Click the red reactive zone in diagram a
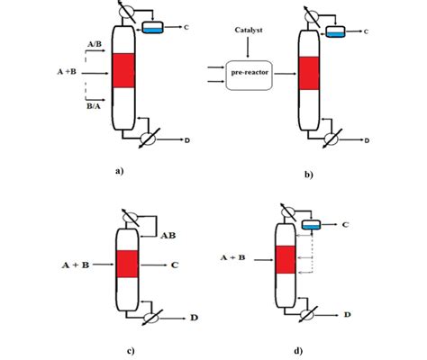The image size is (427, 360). (x=123, y=70)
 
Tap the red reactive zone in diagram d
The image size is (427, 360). (x=285, y=260)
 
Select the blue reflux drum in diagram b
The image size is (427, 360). (x=335, y=33)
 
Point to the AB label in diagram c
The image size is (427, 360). (x=168, y=237)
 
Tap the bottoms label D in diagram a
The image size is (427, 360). (x=186, y=139)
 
